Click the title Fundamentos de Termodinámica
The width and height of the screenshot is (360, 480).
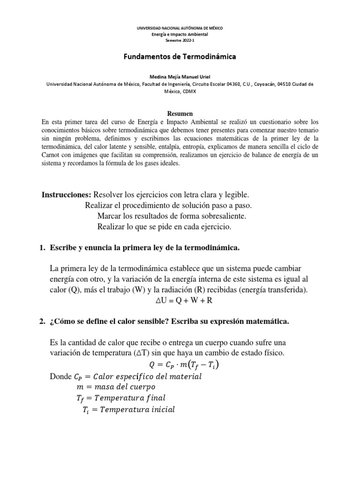tap(180, 57)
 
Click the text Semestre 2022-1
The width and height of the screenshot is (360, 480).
tap(180, 41)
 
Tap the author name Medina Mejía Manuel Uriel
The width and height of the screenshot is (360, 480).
tap(180, 76)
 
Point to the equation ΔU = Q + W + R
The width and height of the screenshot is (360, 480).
tap(180, 300)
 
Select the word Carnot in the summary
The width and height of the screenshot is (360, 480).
tap(53, 155)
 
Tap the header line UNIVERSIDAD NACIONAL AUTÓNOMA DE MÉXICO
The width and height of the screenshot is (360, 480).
tap(180, 29)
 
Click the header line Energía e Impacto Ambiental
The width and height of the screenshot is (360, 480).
tap(180, 35)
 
